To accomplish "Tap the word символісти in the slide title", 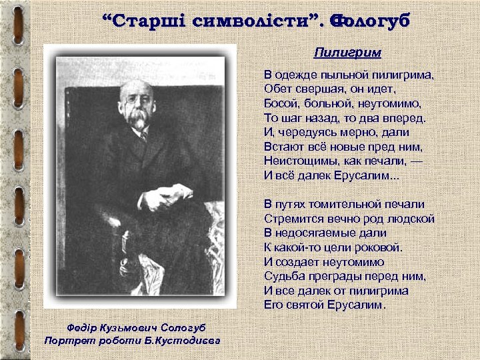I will [x=250, y=21].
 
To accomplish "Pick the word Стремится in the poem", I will [x=291, y=218].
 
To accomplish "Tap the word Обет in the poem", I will [x=277, y=89].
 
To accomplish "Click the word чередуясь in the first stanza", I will [x=303, y=132].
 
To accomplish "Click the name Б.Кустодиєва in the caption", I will [x=187, y=341].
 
